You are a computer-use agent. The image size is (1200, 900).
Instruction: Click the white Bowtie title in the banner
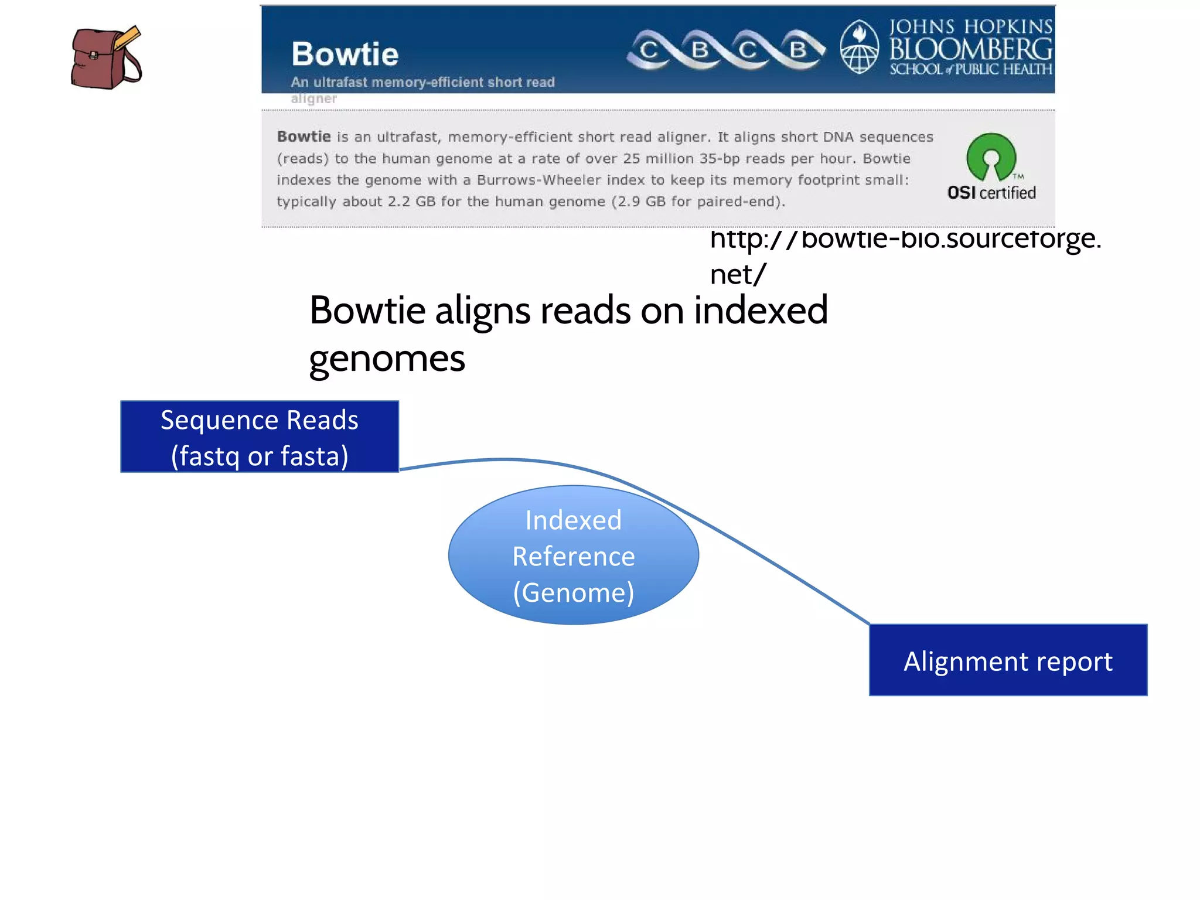[x=345, y=54]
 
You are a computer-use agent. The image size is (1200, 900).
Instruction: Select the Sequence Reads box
[x=260, y=437]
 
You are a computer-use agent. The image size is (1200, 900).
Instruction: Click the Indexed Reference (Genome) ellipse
[x=573, y=555]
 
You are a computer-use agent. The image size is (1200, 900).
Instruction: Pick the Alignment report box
[x=1008, y=660]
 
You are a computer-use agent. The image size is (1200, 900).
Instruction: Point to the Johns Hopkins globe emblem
[x=859, y=47]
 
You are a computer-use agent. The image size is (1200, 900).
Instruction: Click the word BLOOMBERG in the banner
[x=970, y=49]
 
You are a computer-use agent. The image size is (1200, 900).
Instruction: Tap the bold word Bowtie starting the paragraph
[x=304, y=137]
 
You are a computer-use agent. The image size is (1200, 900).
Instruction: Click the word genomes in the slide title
[x=387, y=358]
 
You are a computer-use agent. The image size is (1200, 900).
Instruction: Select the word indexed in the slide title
[x=761, y=310]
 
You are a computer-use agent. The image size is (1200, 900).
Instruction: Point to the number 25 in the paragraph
[x=631, y=159]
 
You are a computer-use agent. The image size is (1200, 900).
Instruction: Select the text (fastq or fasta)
[x=260, y=456]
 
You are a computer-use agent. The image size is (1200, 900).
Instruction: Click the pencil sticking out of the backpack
[x=128, y=38]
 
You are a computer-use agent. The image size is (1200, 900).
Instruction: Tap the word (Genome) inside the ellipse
[x=573, y=592]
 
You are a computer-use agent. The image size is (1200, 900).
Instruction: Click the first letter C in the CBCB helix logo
[x=649, y=50]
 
